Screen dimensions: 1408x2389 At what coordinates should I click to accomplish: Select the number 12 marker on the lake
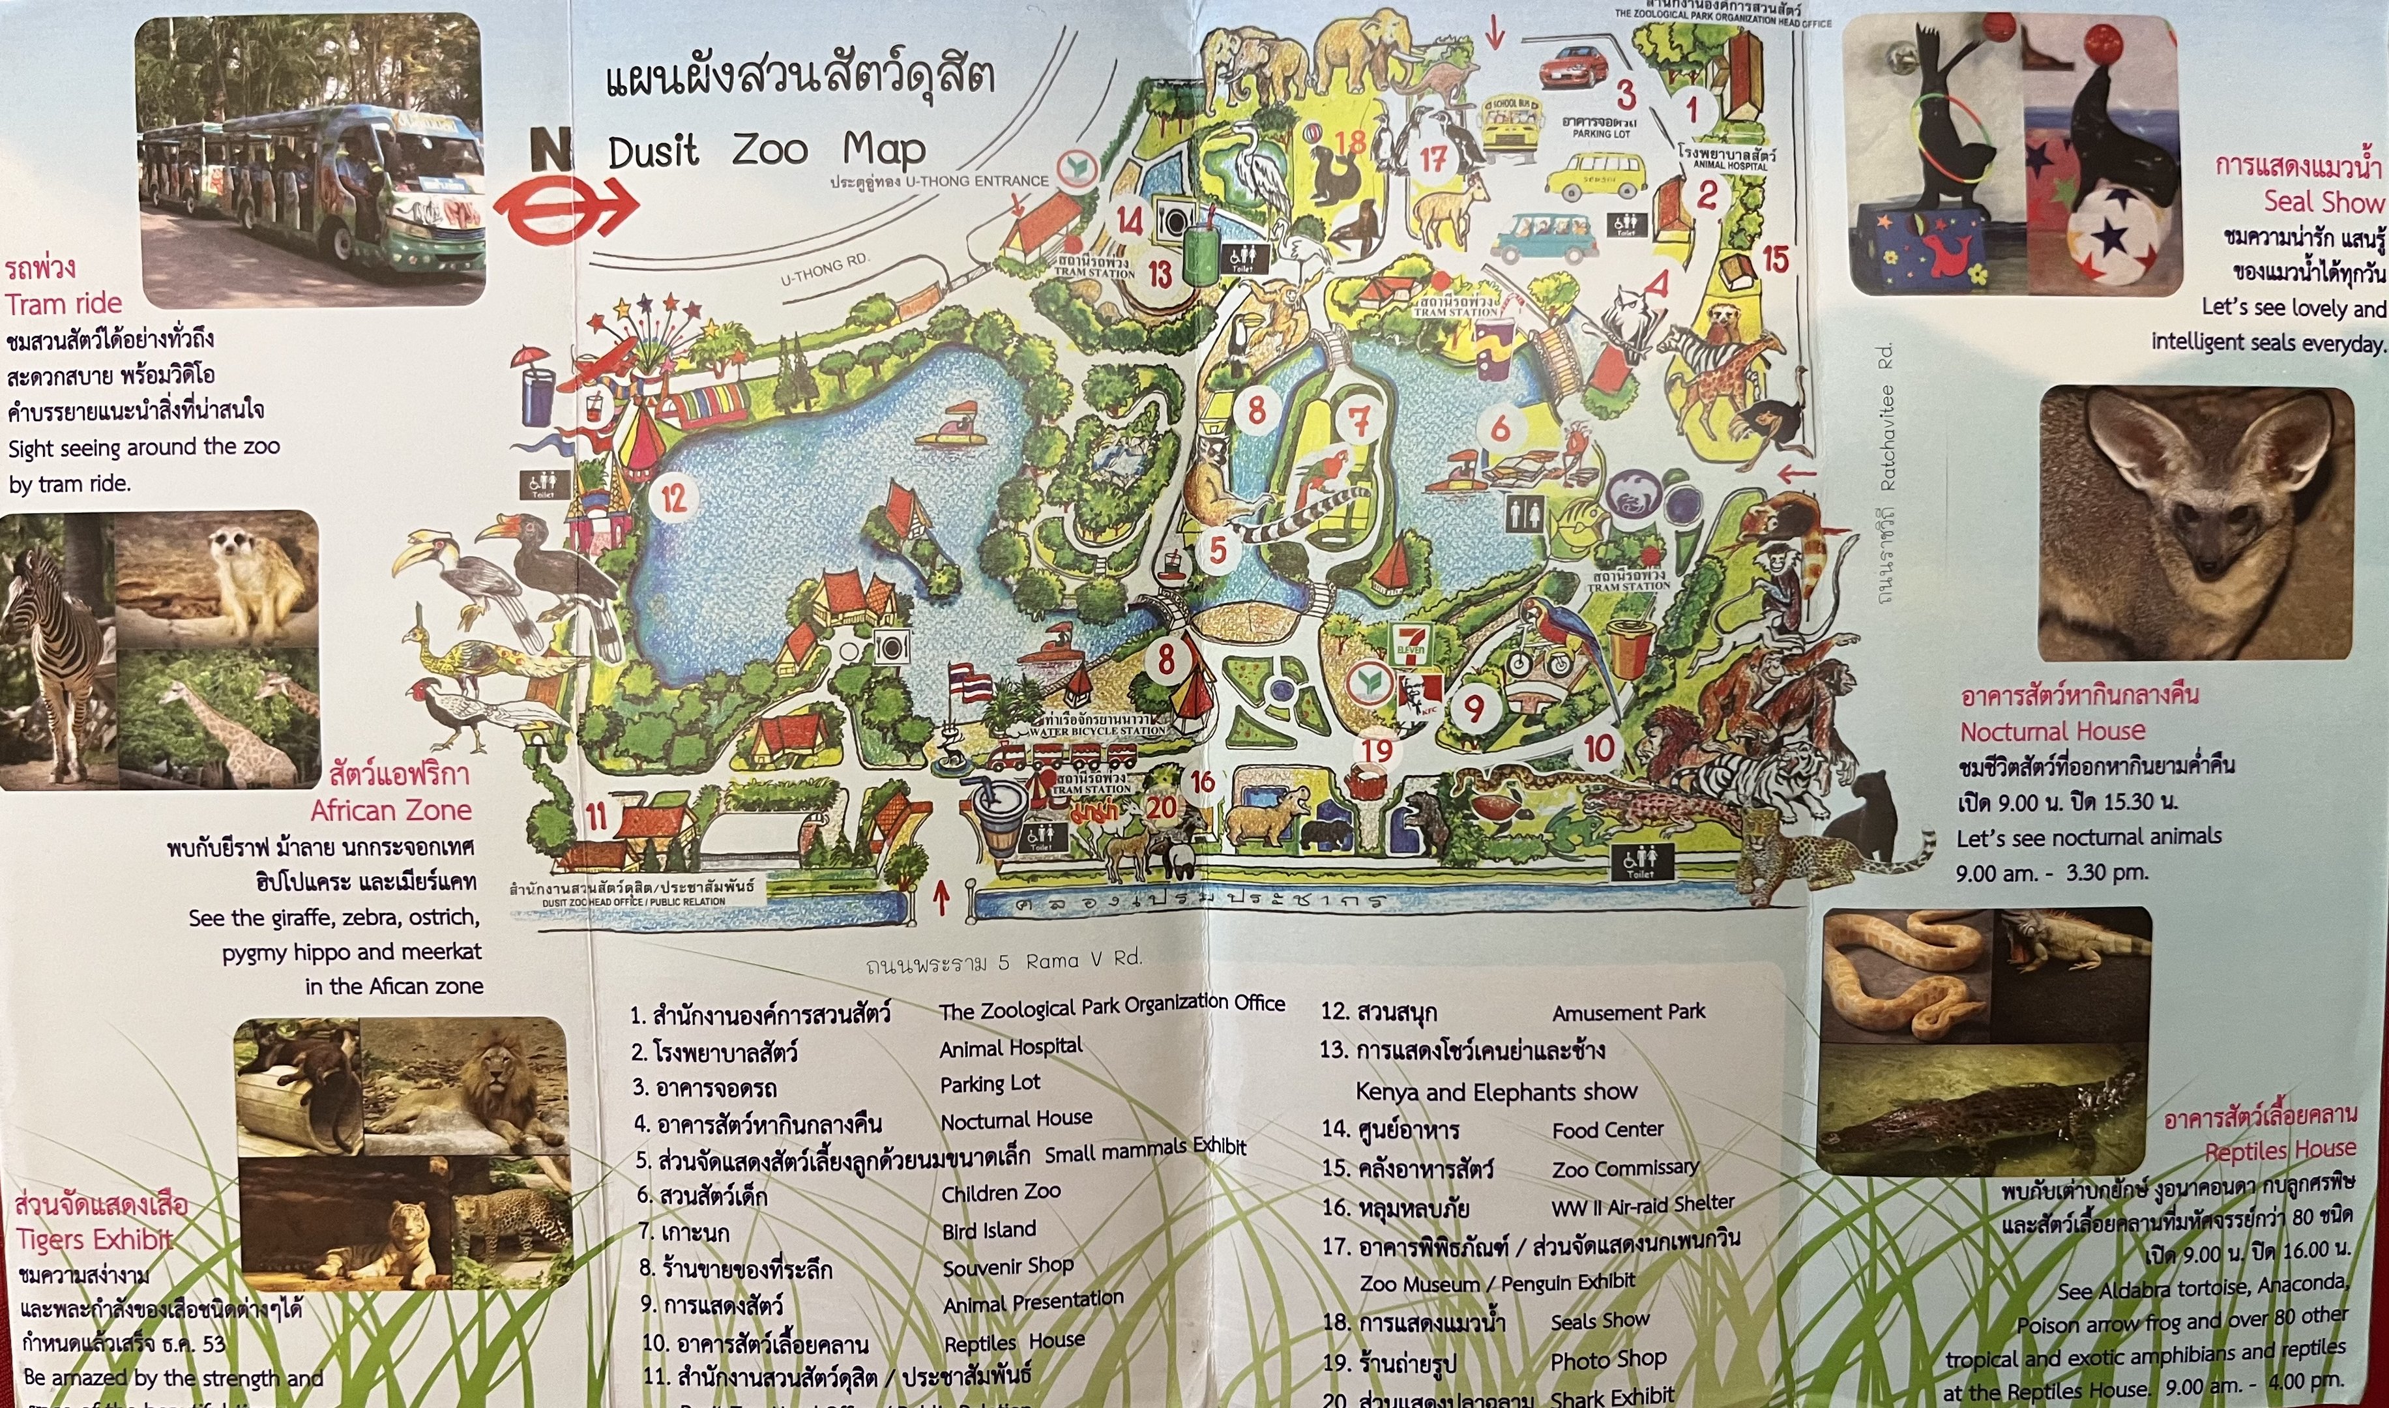tap(673, 498)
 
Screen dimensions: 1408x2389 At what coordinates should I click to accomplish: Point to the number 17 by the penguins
tap(1433, 160)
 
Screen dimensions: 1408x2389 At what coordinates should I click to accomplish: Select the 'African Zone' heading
tap(391, 810)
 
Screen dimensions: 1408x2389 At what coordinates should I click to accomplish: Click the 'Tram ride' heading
tap(64, 304)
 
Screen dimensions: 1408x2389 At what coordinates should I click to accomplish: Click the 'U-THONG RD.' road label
tap(825, 271)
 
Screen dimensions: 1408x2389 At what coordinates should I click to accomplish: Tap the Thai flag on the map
tap(970, 682)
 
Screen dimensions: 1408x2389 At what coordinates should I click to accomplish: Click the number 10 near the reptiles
tap(1599, 748)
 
